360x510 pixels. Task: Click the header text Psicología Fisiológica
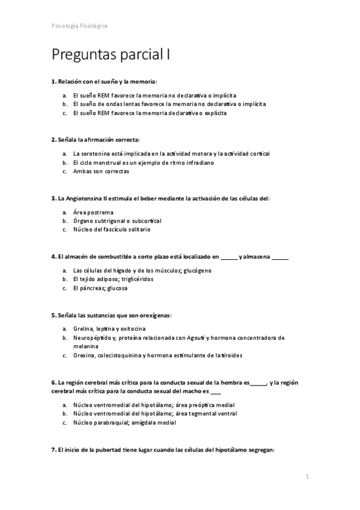pyautogui.click(x=79, y=26)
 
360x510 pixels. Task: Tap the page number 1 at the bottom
pyautogui.click(x=307, y=477)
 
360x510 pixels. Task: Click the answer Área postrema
pyautogui.click(x=93, y=212)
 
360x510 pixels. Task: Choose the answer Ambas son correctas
pyautogui.click(x=101, y=171)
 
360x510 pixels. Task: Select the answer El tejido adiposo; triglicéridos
pyautogui.click(x=113, y=279)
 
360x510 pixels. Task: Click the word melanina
pyautogui.click(x=85, y=346)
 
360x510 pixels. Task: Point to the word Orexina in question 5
pyautogui.click(x=84, y=355)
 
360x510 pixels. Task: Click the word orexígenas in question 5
pyautogui.click(x=153, y=315)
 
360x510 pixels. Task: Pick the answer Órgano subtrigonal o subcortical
pyautogui.click(x=117, y=221)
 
